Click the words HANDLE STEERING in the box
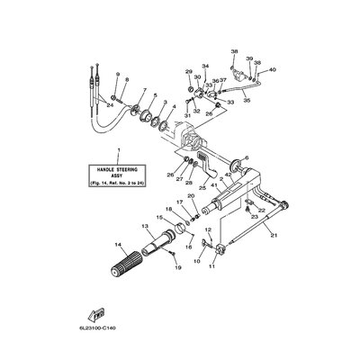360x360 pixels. [x=117, y=168]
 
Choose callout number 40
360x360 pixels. [x=274, y=68]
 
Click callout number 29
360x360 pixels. [x=189, y=71]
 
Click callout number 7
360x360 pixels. [x=143, y=91]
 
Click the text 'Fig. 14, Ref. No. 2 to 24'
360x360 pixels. [x=117, y=184]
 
